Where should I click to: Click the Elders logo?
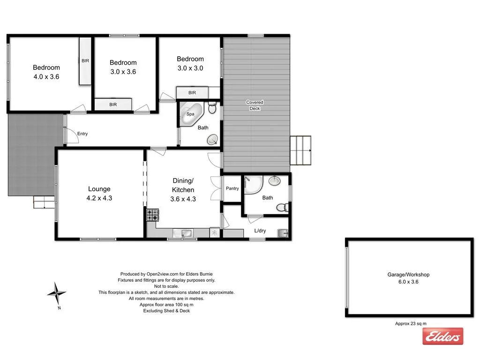click(442, 336)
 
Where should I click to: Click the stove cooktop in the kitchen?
click(152, 215)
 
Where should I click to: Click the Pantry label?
click(232, 188)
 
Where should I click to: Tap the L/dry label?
click(261, 231)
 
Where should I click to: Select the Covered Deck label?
click(255, 105)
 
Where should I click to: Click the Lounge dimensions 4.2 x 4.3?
click(99, 198)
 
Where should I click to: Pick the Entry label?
click(82, 134)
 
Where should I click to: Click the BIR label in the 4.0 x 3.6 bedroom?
click(85, 61)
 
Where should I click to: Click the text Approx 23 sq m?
click(411, 323)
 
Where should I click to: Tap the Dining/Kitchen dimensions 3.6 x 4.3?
click(183, 199)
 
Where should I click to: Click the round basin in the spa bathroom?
click(214, 139)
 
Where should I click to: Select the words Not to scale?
click(166, 286)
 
